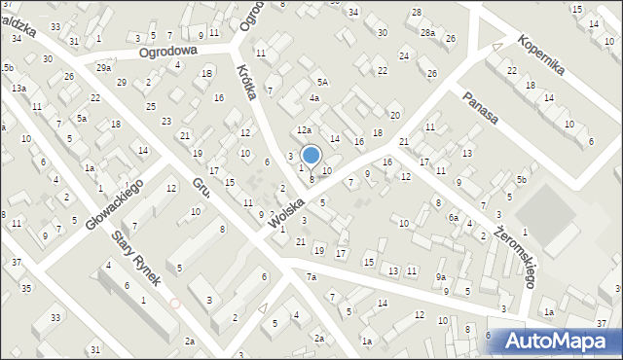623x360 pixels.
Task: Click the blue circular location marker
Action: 311,155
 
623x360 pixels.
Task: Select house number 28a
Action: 427,33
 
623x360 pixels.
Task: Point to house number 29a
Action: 103,68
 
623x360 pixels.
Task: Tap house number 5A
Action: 321,84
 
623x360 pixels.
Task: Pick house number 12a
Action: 304,129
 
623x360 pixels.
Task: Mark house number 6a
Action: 454,218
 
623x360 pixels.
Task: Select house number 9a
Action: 441,277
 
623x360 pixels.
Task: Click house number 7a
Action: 311,277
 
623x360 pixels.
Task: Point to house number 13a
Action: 18,89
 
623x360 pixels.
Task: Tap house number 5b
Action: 522,180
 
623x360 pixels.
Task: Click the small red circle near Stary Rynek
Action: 175,303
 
